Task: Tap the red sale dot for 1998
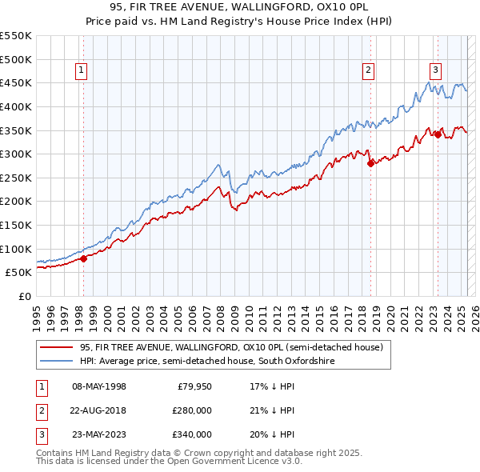pyautogui.click(x=83, y=258)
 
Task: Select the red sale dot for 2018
pyautogui.click(x=370, y=164)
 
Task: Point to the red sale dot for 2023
pyautogui.click(x=438, y=135)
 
